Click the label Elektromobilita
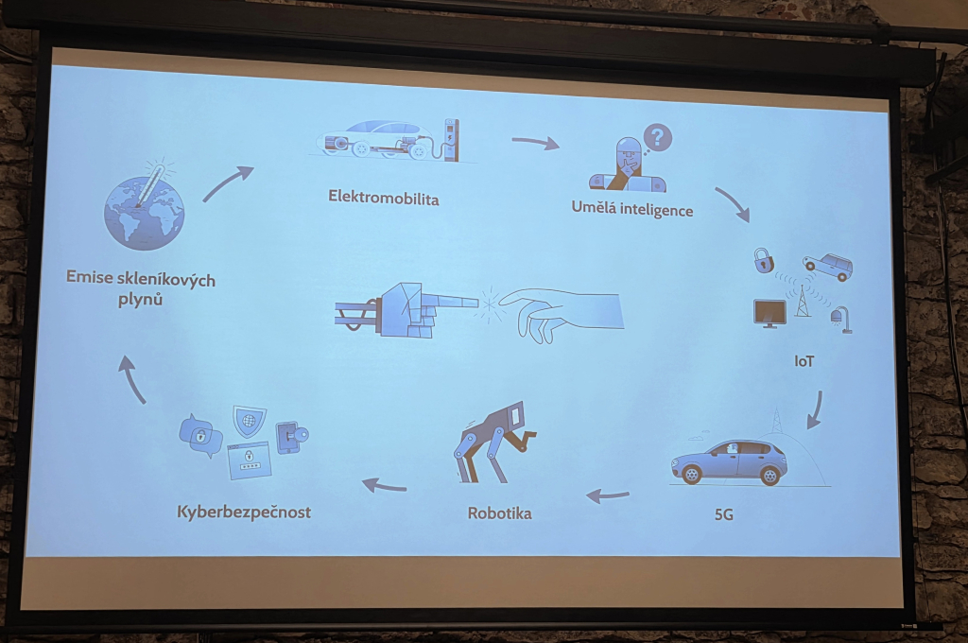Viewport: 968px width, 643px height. [x=384, y=197]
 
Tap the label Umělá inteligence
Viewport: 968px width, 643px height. [x=632, y=208]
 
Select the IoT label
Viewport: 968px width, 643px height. [x=804, y=361]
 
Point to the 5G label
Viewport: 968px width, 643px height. [x=723, y=513]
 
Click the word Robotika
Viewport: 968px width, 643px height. [x=499, y=513]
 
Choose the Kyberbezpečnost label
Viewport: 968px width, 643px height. [x=244, y=513]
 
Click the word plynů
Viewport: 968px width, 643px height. [x=140, y=300]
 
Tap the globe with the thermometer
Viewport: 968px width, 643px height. [x=144, y=207]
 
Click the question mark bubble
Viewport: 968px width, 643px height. [x=657, y=138]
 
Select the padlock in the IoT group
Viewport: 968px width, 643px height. [x=763, y=260]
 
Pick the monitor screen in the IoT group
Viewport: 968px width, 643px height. [x=769, y=313]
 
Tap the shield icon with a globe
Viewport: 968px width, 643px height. [x=249, y=421]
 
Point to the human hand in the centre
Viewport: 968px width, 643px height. [x=561, y=313]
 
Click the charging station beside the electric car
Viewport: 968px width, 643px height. [x=451, y=140]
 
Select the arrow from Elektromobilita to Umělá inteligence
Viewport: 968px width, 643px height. [x=535, y=144]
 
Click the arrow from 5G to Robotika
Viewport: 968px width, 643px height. [x=608, y=495]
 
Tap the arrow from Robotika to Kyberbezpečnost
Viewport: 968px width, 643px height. [x=384, y=485]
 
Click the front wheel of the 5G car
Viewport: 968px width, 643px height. [x=691, y=474]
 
